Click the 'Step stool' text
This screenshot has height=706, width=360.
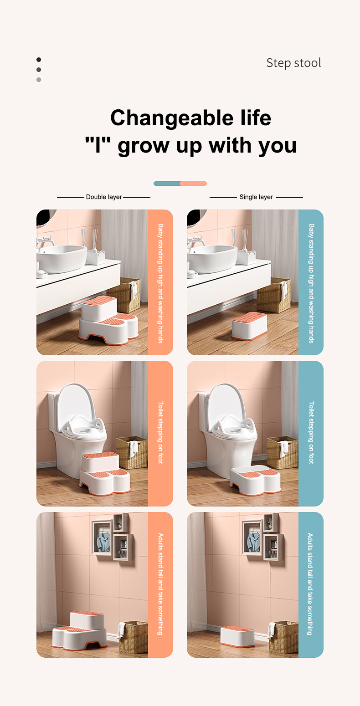coord(293,63)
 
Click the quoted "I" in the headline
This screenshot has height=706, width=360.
coord(98,145)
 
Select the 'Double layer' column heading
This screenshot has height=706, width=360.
coord(104,197)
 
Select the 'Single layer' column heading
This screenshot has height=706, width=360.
coord(256,197)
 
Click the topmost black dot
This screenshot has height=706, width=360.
coord(39,60)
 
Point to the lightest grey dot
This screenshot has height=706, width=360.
coord(39,80)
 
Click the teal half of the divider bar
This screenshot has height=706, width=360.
coord(167,184)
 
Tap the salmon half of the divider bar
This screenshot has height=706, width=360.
coord(193,184)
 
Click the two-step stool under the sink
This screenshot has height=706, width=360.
coord(108,320)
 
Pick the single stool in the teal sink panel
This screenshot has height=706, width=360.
coord(249,326)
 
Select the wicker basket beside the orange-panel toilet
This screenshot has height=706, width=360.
coord(132,453)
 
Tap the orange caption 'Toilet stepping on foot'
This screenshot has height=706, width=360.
coord(160,432)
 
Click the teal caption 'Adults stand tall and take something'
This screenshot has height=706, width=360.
coord(310,584)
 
